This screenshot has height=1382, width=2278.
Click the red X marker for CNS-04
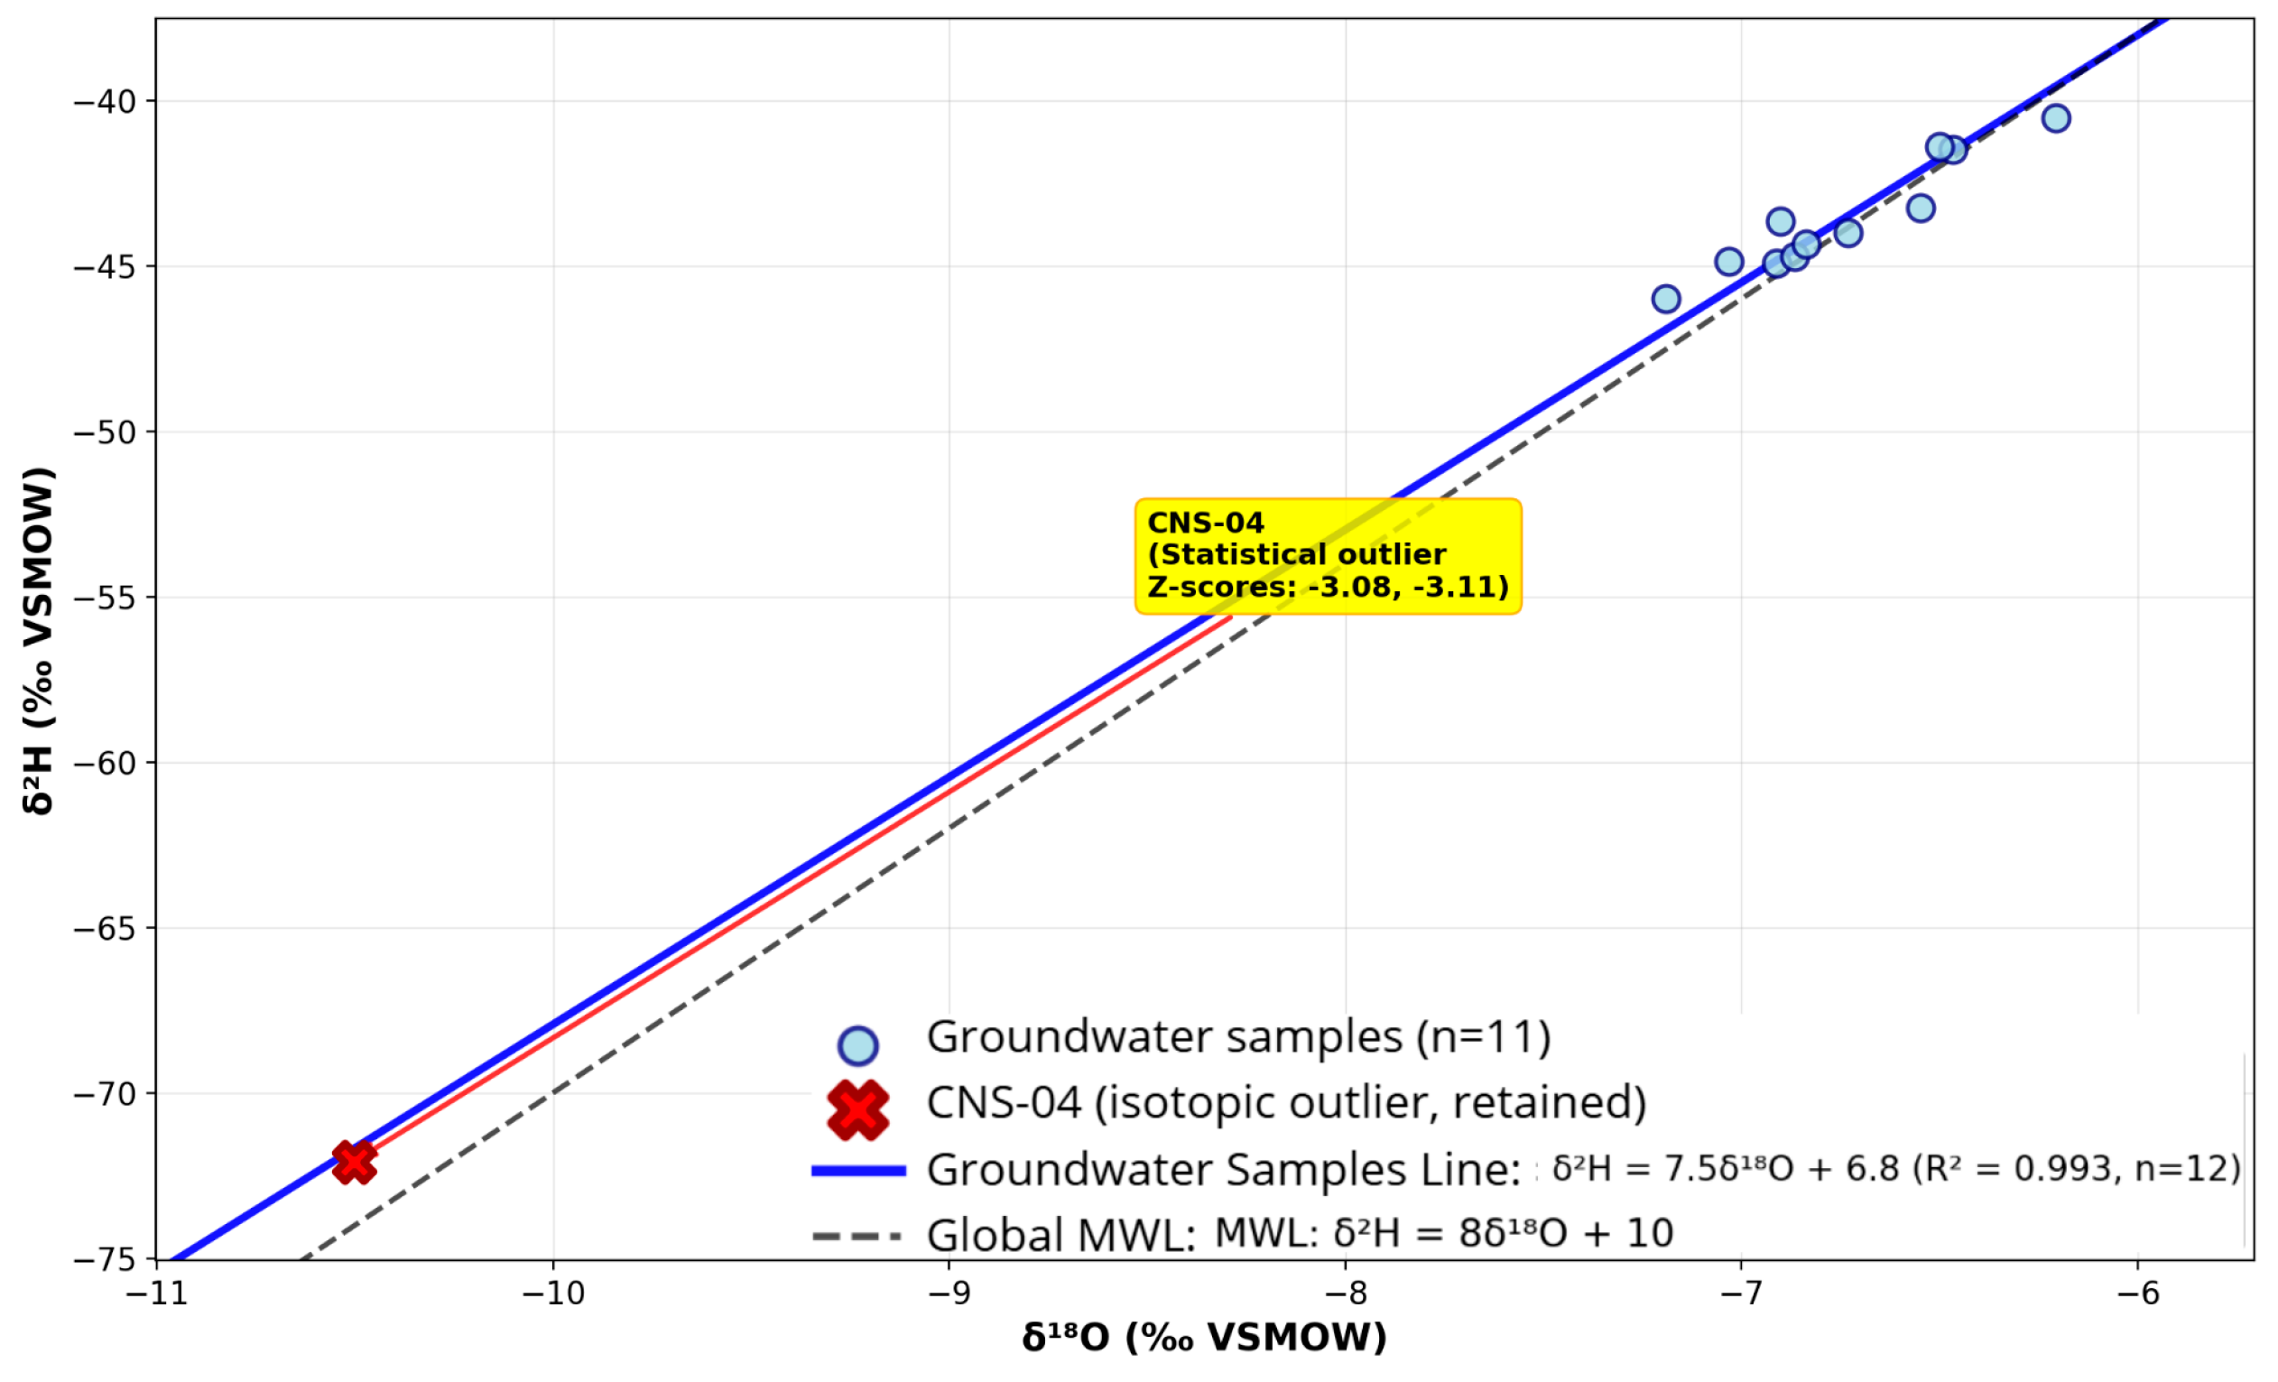tap(354, 1162)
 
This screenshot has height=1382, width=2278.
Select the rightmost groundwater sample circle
tap(2055, 118)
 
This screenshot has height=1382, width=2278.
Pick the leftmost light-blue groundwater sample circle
tap(1665, 299)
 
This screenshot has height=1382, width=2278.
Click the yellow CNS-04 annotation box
tap(1328, 555)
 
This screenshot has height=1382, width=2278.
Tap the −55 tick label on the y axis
tap(105, 598)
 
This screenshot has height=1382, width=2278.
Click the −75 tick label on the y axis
tap(105, 1259)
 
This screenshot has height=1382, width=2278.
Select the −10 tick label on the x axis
tap(553, 1294)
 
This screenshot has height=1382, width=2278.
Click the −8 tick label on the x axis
tap(1345, 1294)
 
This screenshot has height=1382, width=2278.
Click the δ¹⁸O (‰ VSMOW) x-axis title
tap(1204, 1338)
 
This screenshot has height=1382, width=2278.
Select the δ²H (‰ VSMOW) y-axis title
tap(39, 641)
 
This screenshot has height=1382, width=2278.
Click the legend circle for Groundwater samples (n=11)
tap(857, 1045)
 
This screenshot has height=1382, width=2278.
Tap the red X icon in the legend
tap(857, 1109)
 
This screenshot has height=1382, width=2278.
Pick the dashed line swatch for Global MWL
tap(857, 1236)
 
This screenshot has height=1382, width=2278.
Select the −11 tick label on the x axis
tap(157, 1294)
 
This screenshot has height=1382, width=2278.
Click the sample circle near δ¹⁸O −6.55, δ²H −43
tap(1921, 208)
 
